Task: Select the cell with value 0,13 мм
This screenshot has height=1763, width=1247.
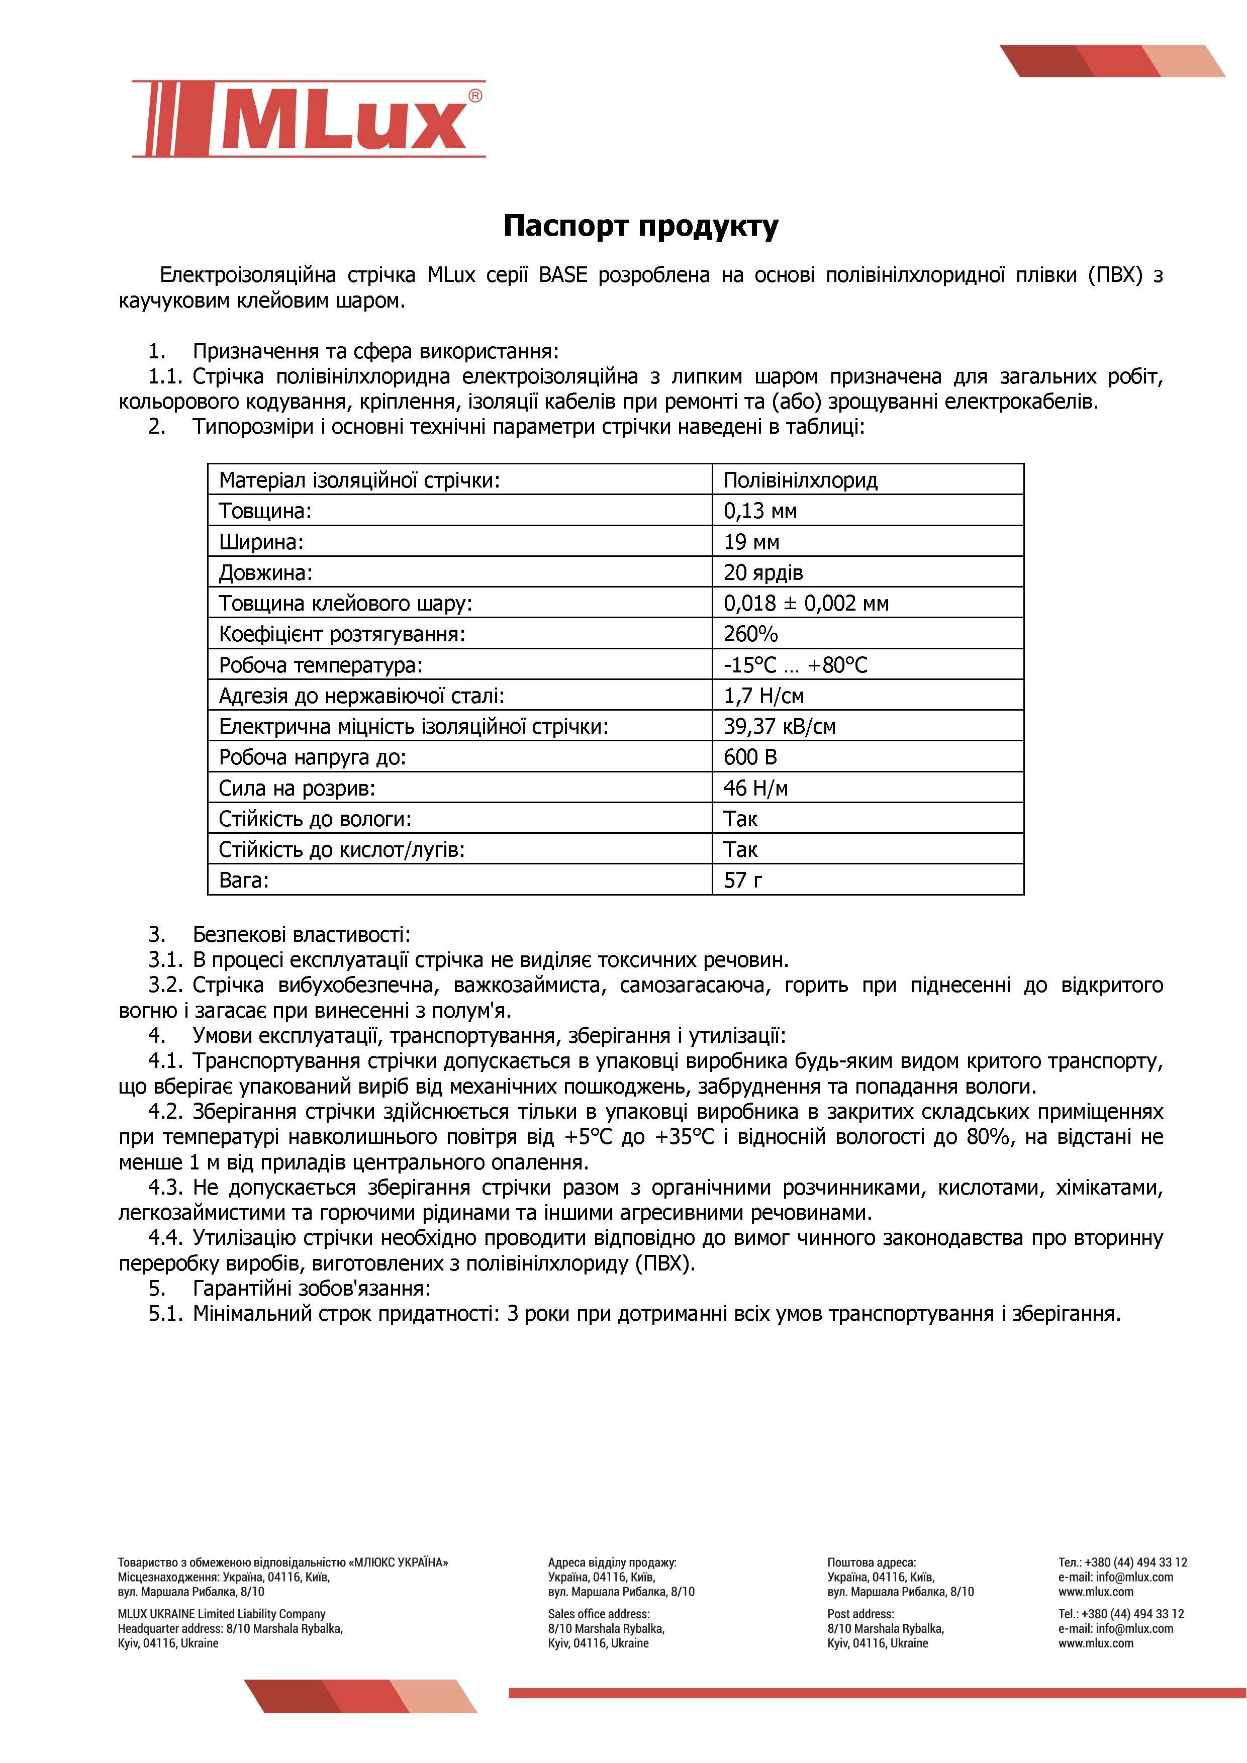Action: pos(759,511)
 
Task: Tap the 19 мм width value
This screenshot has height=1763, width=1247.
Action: pos(751,542)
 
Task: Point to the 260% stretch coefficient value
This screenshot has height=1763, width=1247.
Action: pos(750,634)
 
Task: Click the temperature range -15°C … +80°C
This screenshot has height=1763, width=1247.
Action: pos(795,665)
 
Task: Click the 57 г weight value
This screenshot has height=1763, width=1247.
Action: pos(742,880)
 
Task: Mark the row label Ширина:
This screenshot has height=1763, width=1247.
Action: pos(261,542)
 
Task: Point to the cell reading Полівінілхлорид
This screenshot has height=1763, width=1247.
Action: pos(800,480)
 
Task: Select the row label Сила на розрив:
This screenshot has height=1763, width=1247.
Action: pos(297,788)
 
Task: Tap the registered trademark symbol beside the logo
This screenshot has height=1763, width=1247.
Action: pos(475,96)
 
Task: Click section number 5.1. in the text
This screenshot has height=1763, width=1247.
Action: pos(166,1314)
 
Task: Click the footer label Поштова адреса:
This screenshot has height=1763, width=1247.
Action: pos(872,1562)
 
